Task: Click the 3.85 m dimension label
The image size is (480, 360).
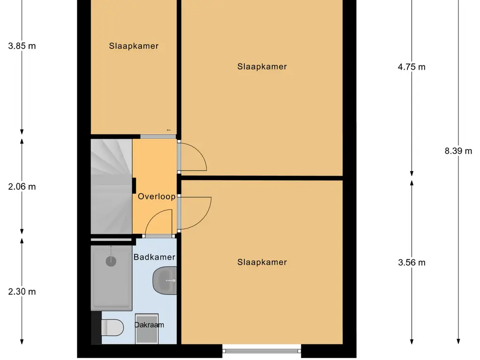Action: [x=22, y=46]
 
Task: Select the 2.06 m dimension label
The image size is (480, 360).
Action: [x=22, y=187]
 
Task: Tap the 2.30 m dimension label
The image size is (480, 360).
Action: [x=22, y=292]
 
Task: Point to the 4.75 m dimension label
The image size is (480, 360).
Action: [x=412, y=67]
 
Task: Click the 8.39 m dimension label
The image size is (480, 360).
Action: [x=458, y=151]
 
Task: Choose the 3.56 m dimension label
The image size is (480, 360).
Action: [x=412, y=262]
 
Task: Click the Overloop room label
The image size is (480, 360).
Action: [x=157, y=197]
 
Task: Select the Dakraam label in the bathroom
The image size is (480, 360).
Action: [x=150, y=324]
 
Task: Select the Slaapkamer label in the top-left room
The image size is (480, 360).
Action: [x=134, y=46]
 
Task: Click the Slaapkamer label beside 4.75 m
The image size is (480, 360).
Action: [x=262, y=67]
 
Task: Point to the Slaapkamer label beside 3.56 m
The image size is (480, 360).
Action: [x=262, y=262]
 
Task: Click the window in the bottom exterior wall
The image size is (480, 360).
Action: [x=262, y=349]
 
